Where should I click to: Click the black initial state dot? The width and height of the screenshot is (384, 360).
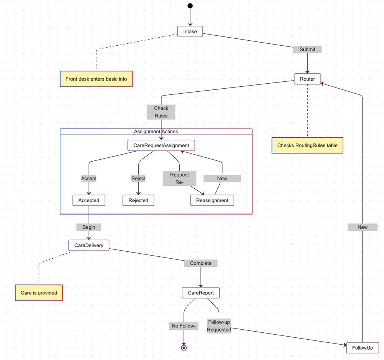tap(190, 5)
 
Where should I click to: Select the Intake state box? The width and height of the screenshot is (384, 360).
tap(190, 31)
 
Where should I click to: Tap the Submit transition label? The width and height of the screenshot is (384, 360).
tap(307, 50)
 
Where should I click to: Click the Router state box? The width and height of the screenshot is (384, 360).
tap(307, 79)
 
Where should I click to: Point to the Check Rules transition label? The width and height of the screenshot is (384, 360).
tap(161, 112)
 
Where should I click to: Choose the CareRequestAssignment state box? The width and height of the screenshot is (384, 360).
tap(161, 145)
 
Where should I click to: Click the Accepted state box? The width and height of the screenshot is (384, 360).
tap(89, 200)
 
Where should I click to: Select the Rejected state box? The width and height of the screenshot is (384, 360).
tap(138, 200)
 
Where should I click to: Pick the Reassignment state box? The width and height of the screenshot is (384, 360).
tap(212, 200)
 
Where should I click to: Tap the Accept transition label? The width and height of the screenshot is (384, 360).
tap(89, 178)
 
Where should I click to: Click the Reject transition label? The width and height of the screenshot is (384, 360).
tap(138, 178)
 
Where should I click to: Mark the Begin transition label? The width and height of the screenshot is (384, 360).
tap(89, 227)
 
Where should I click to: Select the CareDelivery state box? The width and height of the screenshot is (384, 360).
tap(89, 246)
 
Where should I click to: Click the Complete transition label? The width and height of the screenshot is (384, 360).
tap(200, 263)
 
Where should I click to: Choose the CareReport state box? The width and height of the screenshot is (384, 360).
tap(200, 293)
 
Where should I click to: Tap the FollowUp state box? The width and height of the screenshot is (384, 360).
tap(362, 348)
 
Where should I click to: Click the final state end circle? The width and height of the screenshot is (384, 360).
tap(184, 348)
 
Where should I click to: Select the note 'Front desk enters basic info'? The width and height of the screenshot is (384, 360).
tap(96, 79)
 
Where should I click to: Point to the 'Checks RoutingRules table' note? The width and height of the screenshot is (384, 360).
tap(307, 145)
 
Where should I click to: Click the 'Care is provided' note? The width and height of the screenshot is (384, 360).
tap(39, 293)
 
